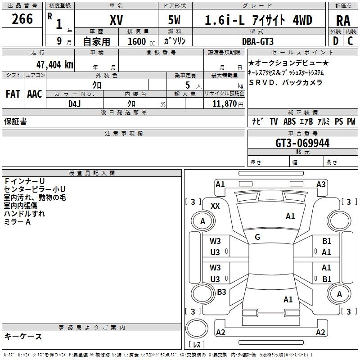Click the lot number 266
pyautogui.click(x=22, y=19)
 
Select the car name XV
pyautogui.click(x=116, y=20)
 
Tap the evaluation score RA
pyautogui.click(x=343, y=21)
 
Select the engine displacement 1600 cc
pyautogui.click(x=139, y=41)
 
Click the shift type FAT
pyautogui.click(x=13, y=94)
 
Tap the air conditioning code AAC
pyautogui.click(x=35, y=94)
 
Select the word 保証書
pyautogui.click(x=15, y=121)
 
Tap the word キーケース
pyautogui.click(x=23, y=336)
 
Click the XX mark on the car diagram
pyautogui.click(x=215, y=206)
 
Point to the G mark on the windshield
pyautogui.click(x=257, y=237)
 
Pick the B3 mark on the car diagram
pyautogui.click(x=221, y=292)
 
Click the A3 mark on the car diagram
pyautogui.click(x=321, y=184)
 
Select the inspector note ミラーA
pyautogui.click(x=17, y=222)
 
